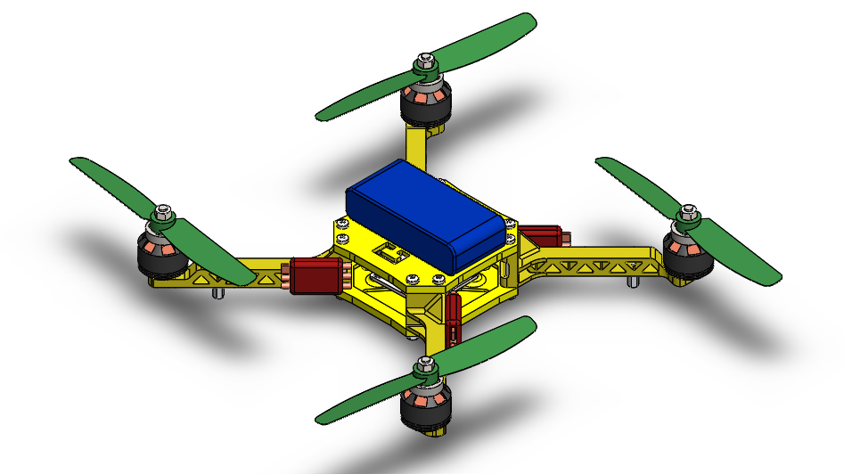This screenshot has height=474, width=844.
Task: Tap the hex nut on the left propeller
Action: pyautogui.click(x=162, y=213)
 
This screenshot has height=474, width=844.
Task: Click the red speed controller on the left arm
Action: pyautogui.click(x=314, y=275)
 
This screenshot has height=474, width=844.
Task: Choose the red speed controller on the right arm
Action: pyautogui.click(x=542, y=236)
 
